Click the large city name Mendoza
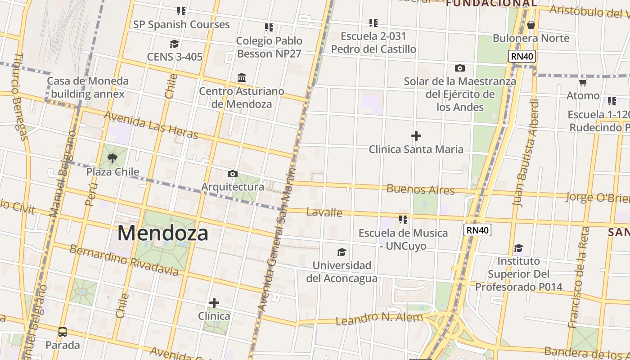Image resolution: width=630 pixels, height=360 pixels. tap(163, 234)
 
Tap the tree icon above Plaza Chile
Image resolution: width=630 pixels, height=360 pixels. tap(112, 158)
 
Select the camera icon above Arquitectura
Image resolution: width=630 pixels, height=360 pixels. tap(233, 174)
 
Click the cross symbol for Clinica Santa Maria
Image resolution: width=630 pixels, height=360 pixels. tap(416, 135)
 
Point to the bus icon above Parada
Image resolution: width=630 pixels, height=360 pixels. tap(63, 332)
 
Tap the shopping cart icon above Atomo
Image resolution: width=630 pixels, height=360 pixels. tap(583, 82)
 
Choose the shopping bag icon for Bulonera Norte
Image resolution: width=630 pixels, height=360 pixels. tap(531, 24)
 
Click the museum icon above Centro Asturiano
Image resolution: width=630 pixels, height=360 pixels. tap(242, 77)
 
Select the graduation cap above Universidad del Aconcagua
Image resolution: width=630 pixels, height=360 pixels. tap(342, 252)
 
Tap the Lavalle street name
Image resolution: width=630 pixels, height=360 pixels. tap(324, 212)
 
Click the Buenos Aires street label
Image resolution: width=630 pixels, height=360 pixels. tap(421, 189)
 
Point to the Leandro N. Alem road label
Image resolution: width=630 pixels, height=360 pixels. tap(379, 319)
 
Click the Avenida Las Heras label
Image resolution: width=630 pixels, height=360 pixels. tap(151, 125)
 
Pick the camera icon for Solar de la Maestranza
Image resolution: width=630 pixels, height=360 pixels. tap(459, 68)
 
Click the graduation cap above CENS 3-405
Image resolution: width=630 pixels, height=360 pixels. tap(174, 44)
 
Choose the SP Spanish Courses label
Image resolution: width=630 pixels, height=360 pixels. tap(181, 25)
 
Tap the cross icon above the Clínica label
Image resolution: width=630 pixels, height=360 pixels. tap(214, 302)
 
